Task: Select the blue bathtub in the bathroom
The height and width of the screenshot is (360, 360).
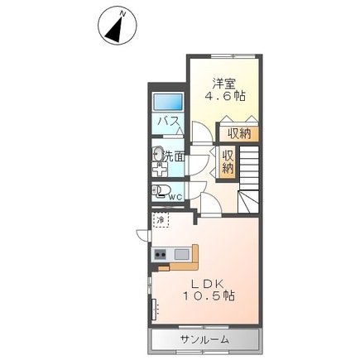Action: (x=169, y=103)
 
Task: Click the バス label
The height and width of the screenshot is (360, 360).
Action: (x=169, y=123)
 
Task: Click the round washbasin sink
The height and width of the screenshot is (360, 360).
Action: (x=157, y=154)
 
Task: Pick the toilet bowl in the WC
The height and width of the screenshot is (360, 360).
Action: (x=160, y=193)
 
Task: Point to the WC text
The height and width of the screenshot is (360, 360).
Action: (x=175, y=196)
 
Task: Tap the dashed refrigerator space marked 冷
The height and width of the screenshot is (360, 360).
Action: (x=160, y=221)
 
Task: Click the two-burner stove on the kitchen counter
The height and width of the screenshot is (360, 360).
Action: (x=160, y=254)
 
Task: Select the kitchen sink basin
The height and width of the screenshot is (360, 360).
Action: (x=181, y=254)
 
